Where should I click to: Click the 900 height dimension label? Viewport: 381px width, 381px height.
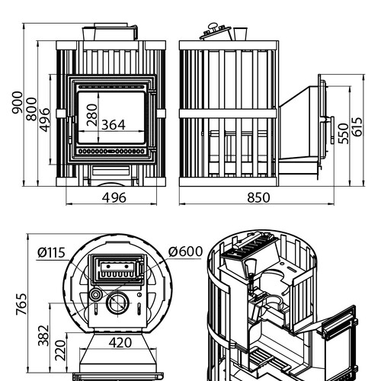(x=18, y=102)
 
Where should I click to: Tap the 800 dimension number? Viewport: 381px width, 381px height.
(x=32, y=109)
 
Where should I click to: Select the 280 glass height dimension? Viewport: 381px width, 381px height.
(x=92, y=115)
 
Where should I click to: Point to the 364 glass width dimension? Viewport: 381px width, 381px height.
(x=114, y=125)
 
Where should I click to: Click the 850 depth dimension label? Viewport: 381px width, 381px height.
(x=258, y=197)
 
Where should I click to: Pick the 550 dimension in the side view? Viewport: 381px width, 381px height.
(x=344, y=133)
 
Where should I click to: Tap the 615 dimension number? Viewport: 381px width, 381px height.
(x=358, y=126)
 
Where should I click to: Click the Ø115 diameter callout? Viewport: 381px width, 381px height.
(x=51, y=253)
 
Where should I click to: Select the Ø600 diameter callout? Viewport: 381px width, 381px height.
(x=185, y=251)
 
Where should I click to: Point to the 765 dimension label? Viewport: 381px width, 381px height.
(x=21, y=304)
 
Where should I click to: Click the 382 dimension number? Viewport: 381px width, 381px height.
(x=43, y=335)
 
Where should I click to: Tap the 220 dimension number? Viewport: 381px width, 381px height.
(x=60, y=351)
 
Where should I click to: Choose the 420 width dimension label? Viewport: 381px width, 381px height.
(x=120, y=343)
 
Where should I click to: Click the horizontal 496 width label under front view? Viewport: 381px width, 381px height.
(x=114, y=197)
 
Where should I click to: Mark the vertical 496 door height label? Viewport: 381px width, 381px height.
(x=45, y=120)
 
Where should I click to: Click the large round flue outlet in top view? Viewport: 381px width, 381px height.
(x=117, y=303)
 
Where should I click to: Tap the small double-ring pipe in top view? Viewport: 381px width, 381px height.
(x=95, y=295)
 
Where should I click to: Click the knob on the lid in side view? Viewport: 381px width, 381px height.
(x=213, y=26)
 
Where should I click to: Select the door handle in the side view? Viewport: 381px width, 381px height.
(x=331, y=130)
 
